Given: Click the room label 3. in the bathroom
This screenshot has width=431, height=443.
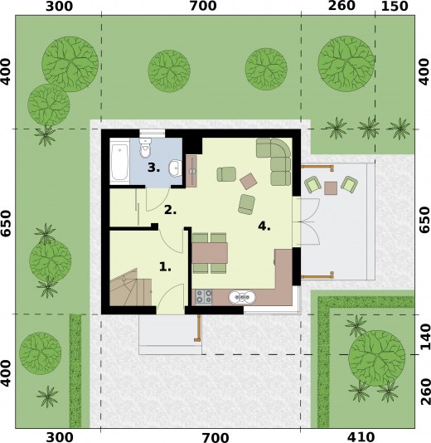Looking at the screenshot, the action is click(x=154, y=168).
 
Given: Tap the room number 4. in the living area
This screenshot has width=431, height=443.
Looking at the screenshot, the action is click(x=264, y=226).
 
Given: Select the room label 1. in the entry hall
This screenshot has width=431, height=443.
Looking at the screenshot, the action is click(x=165, y=266).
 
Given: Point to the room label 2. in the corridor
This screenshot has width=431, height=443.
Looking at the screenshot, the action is click(x=171, y=210).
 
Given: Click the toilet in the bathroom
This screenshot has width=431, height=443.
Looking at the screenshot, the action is click(x=145, y=148).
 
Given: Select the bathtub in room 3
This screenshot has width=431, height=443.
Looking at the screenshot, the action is click(x=119, y=162).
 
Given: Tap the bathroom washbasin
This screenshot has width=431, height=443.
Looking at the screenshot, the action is click(x=175, y=168).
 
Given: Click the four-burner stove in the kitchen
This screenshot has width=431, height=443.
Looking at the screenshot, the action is click(x=204, y=298).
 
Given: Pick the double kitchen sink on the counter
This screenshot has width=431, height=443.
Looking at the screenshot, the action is click(x=242, y=298).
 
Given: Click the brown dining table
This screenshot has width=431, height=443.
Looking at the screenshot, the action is click(x=210, y=252).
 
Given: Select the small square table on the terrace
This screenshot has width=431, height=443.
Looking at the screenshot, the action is click(x=331, y=188).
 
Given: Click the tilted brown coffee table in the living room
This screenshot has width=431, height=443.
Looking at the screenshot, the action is click(x=249, y=181).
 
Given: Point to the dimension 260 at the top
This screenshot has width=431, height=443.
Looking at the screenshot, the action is click(x=341, y=6).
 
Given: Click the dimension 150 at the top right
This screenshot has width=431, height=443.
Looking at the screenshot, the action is click(x=395, y=7).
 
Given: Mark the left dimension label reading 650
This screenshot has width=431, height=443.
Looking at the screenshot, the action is click(x=6, y=223).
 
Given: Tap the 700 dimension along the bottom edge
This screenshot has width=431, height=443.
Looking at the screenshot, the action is click(x=215, y=438).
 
